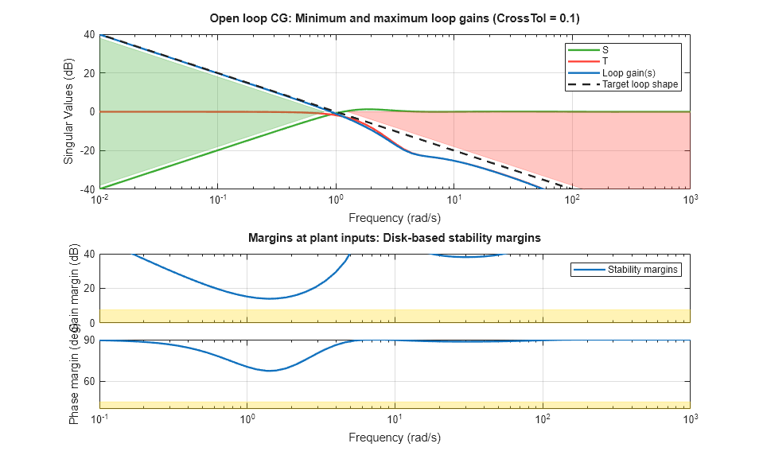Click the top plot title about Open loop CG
[x=395, y=18]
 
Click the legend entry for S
[x=606, y=50]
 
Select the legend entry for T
[x=606, y=61]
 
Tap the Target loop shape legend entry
[x=641, y=84]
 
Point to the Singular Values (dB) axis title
[x=68, y=111]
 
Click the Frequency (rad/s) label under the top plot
[x=395, y=217]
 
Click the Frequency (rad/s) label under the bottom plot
[x=395, y=437]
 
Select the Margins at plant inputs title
[x=395, y=237]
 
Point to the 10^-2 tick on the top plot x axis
[x=99, y=199]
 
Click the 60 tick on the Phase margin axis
[x=89, y=381]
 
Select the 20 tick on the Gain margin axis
[x=89, y=288]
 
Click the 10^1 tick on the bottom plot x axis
[x=395, y=418]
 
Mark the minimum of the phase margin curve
[x=271, y=371]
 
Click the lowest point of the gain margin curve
[x=271, y=298]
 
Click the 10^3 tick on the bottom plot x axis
[x=690, y=418]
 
